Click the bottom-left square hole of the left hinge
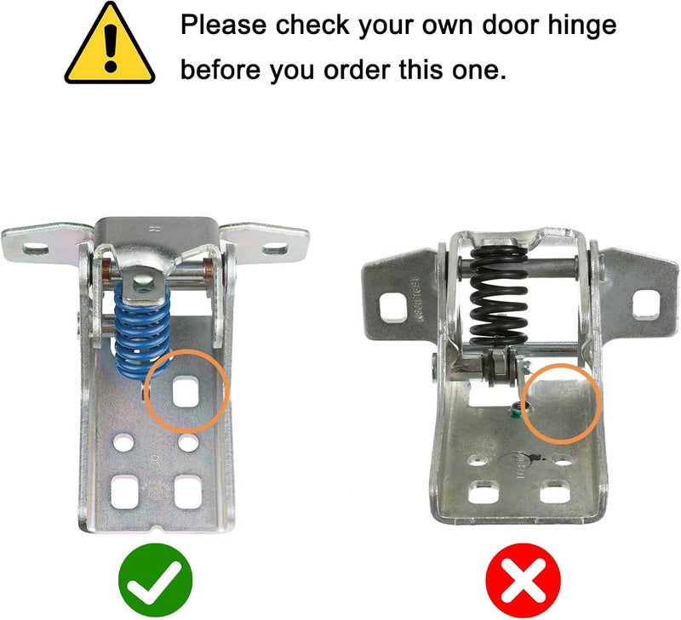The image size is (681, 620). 125,491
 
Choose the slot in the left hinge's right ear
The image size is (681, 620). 274,248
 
